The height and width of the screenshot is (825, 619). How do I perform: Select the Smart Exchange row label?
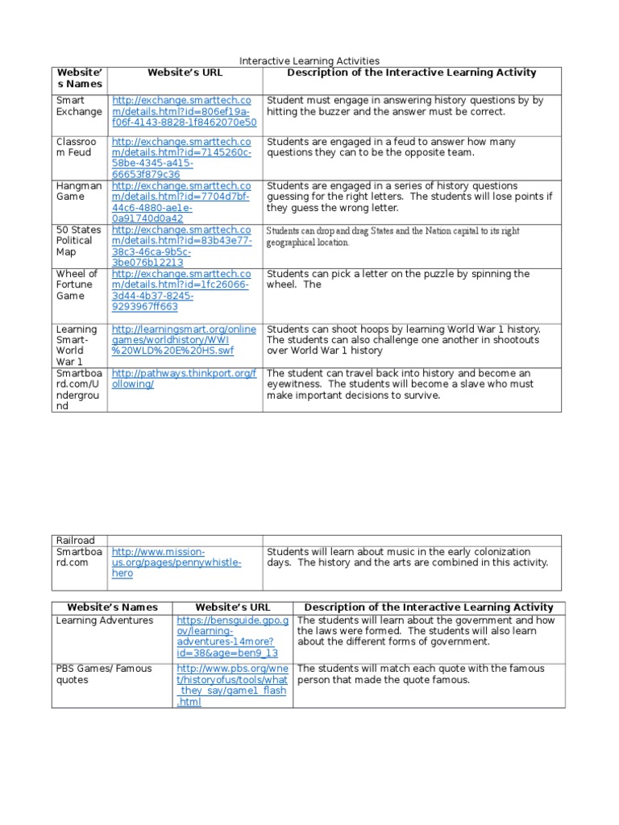click(x=79, y=106)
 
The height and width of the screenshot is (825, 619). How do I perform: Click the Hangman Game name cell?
click(x=79, y=191)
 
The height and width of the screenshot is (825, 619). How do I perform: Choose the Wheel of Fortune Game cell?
click(x=77, y=284)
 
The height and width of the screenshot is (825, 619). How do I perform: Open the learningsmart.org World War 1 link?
click(x=184, y=340)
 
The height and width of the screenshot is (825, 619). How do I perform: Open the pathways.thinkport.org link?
click(x=184, y=379)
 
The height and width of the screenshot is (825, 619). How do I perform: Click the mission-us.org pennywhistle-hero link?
click(x=177, y=562)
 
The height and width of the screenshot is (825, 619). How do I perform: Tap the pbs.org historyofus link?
click(x=231, y=685)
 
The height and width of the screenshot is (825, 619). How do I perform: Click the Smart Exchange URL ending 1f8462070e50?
click(x=185, y=112)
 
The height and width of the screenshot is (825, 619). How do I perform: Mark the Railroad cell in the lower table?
click(x=75, y=540)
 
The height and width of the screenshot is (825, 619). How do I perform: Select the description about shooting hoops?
click(x=404, y=340)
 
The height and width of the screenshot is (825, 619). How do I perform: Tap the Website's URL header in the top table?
click(x=185, y=73)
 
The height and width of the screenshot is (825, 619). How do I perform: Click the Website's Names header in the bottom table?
click(x=112, y=607)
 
